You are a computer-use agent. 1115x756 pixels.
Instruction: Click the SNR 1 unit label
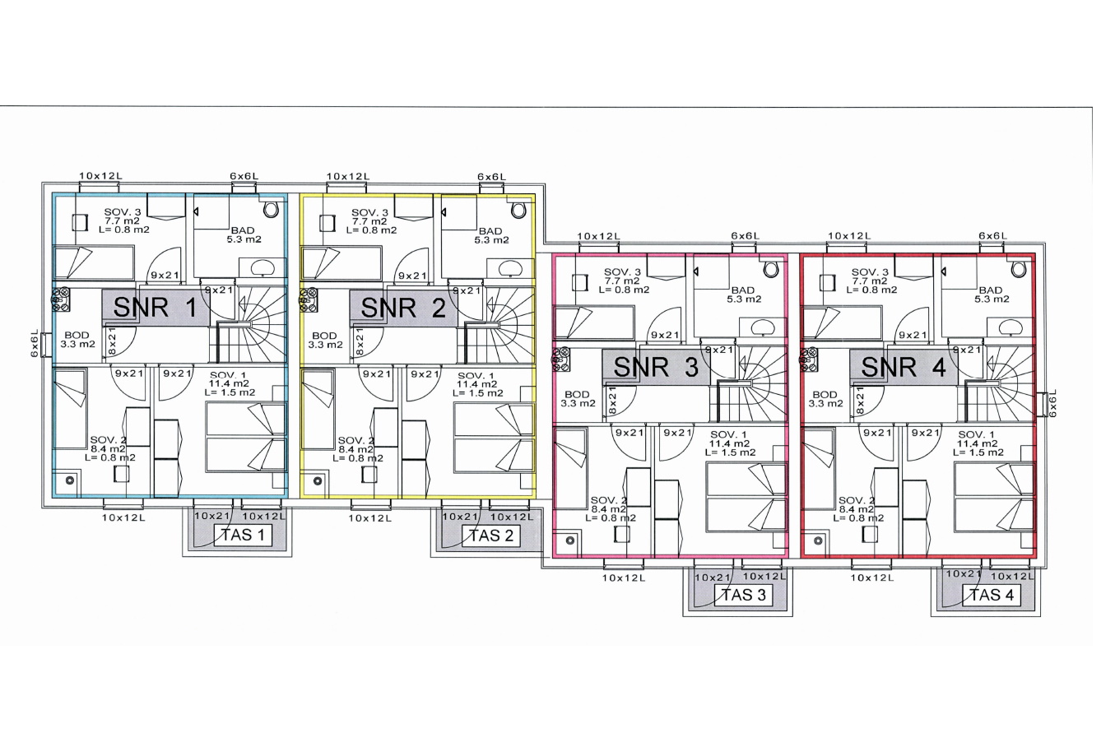[x=155, y=308]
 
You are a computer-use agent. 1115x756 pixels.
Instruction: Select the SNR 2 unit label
[x=402, y=308]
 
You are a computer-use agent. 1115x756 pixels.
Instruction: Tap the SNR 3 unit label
[x=656, y=367]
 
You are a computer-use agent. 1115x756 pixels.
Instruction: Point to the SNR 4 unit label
[x=904, y=367]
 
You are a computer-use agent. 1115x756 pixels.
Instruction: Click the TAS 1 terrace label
[x=243, y=535]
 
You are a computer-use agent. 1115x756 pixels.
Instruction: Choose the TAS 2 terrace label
[x=490, y=536]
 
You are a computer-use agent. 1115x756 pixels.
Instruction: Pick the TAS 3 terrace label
[x=743, y=595]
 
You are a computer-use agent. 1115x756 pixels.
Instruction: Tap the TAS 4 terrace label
[x=992, y=595]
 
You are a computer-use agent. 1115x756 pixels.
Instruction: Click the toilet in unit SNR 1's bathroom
[x=271, y=209]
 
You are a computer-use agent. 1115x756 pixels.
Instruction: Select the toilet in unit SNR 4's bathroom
[x=1019, y=269]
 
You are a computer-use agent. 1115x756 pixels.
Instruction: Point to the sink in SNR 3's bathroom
[x=761, y=327]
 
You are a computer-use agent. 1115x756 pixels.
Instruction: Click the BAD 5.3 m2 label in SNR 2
[x=490, y=235]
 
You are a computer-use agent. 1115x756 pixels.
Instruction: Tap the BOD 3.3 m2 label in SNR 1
[x=77, y=340]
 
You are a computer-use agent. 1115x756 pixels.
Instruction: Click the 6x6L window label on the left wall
[x=35, y=343]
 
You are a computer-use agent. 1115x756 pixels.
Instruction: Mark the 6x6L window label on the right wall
[x=1052, y=402]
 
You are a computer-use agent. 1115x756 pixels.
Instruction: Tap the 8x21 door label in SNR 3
[x=612, y=400]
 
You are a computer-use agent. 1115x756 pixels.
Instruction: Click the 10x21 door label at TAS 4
[x=964, y=573]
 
